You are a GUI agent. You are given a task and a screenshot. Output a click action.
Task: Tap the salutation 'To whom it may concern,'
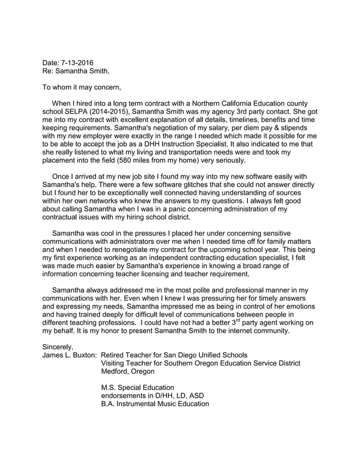tap(82, 87)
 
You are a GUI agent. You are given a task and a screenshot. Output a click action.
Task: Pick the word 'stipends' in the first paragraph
tap(302, 128)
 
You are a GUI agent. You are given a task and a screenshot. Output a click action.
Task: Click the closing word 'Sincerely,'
tap(58, 347)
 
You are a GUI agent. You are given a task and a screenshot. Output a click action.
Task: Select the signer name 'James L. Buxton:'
tap(70, 355)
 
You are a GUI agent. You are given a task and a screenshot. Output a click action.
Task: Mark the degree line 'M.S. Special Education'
tap(138, 388)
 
